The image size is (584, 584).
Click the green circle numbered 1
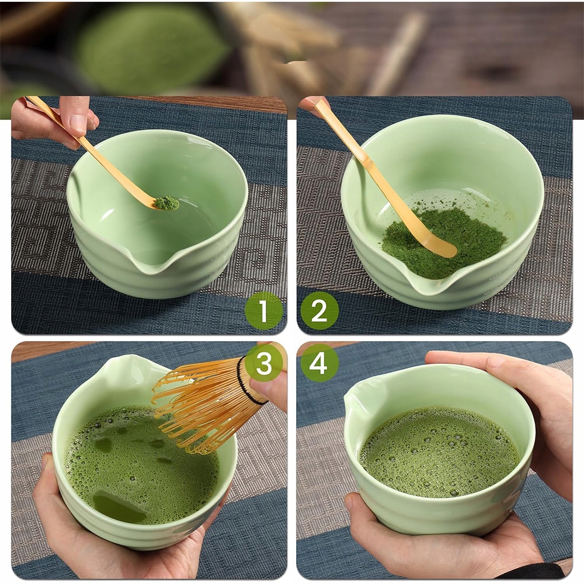(263, 311)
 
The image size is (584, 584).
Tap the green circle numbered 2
(319, 311)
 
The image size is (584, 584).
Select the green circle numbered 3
(264, 363)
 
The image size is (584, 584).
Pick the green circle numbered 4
(319, 363)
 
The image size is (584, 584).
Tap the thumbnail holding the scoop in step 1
(78, 122)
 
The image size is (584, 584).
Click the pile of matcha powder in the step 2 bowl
(443, 239)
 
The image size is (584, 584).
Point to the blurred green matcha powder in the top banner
(149, 48)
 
